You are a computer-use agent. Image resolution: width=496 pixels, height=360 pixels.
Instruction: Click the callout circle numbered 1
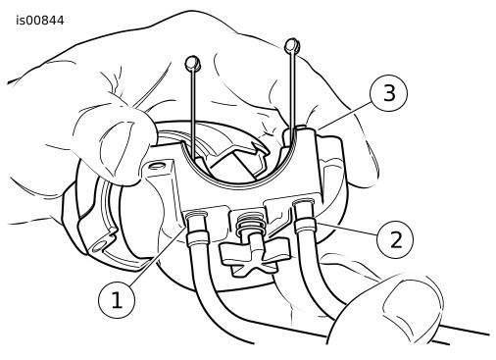117,300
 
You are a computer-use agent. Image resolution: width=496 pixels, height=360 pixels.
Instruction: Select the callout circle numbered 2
395,240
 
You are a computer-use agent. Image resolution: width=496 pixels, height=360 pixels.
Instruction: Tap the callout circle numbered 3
389,93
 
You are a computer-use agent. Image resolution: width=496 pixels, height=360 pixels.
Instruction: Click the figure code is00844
40,21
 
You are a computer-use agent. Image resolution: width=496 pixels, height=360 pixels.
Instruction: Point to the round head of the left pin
192,63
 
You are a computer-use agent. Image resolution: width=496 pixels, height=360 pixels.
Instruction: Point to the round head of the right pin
292,45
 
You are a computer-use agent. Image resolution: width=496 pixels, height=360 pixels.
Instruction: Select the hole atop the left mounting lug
157,165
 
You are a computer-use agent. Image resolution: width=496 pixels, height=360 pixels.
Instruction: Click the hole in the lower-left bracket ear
100,244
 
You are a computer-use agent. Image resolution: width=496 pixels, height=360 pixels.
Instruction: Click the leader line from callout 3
345,115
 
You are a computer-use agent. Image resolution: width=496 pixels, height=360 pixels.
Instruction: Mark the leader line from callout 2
347,229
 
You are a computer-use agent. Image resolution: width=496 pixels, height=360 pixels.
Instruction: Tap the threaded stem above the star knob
251,224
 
